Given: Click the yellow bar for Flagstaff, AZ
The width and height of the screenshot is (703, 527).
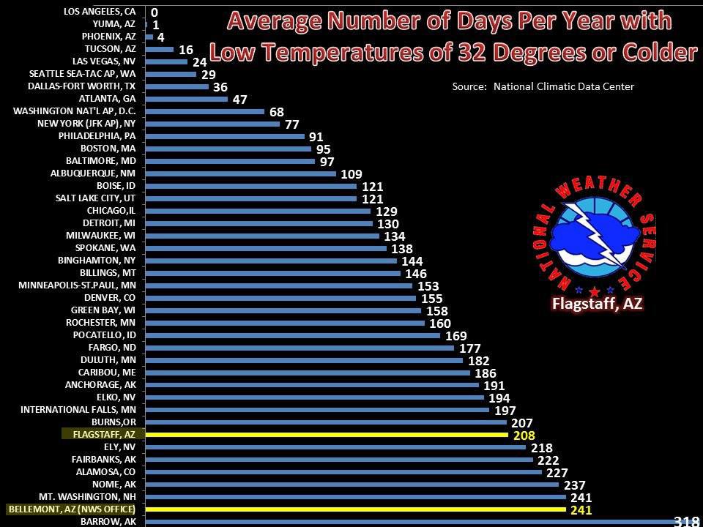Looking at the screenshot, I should [327, 434].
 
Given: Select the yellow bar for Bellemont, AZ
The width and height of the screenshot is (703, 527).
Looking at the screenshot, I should [356, 509].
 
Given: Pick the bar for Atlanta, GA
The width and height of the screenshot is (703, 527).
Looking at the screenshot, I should [187, 99].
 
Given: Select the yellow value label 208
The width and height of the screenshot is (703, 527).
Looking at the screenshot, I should [524, 436].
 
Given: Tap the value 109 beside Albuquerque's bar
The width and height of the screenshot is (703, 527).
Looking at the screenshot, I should [351, 173].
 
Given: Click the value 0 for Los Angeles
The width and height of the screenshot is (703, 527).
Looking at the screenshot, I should [154, 12].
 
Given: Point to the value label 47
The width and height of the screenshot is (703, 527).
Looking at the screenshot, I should [239, 100].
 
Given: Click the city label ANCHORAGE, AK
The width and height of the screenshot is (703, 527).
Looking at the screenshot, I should [100, 384].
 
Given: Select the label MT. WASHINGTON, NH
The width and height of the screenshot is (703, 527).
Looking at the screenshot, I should [94, 496].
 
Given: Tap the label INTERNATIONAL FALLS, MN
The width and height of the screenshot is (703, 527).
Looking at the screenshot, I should [78, 409].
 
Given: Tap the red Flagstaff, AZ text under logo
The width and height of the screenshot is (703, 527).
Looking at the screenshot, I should [598, 304].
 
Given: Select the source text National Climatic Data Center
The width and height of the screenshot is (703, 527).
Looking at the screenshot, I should [564, 87].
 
